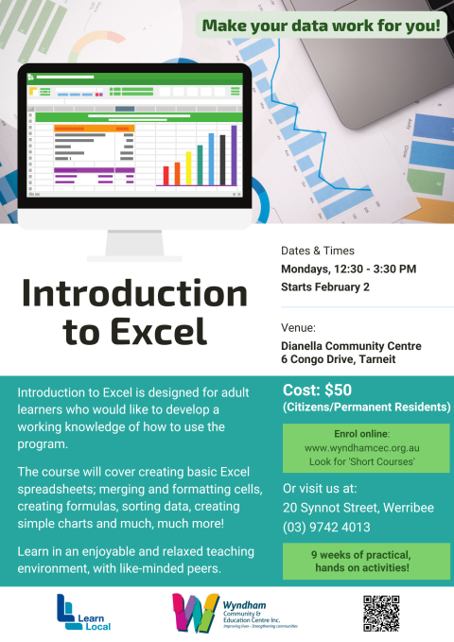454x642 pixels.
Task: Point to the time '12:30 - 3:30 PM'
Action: (x=375, y=269)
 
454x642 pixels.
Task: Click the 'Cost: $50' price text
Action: (x=318, y=391)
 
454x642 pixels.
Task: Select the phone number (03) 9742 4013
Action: (x=326, y=527)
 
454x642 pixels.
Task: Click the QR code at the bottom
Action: (x=381, y=614)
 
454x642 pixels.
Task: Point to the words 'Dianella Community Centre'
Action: (x=351, y=346)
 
